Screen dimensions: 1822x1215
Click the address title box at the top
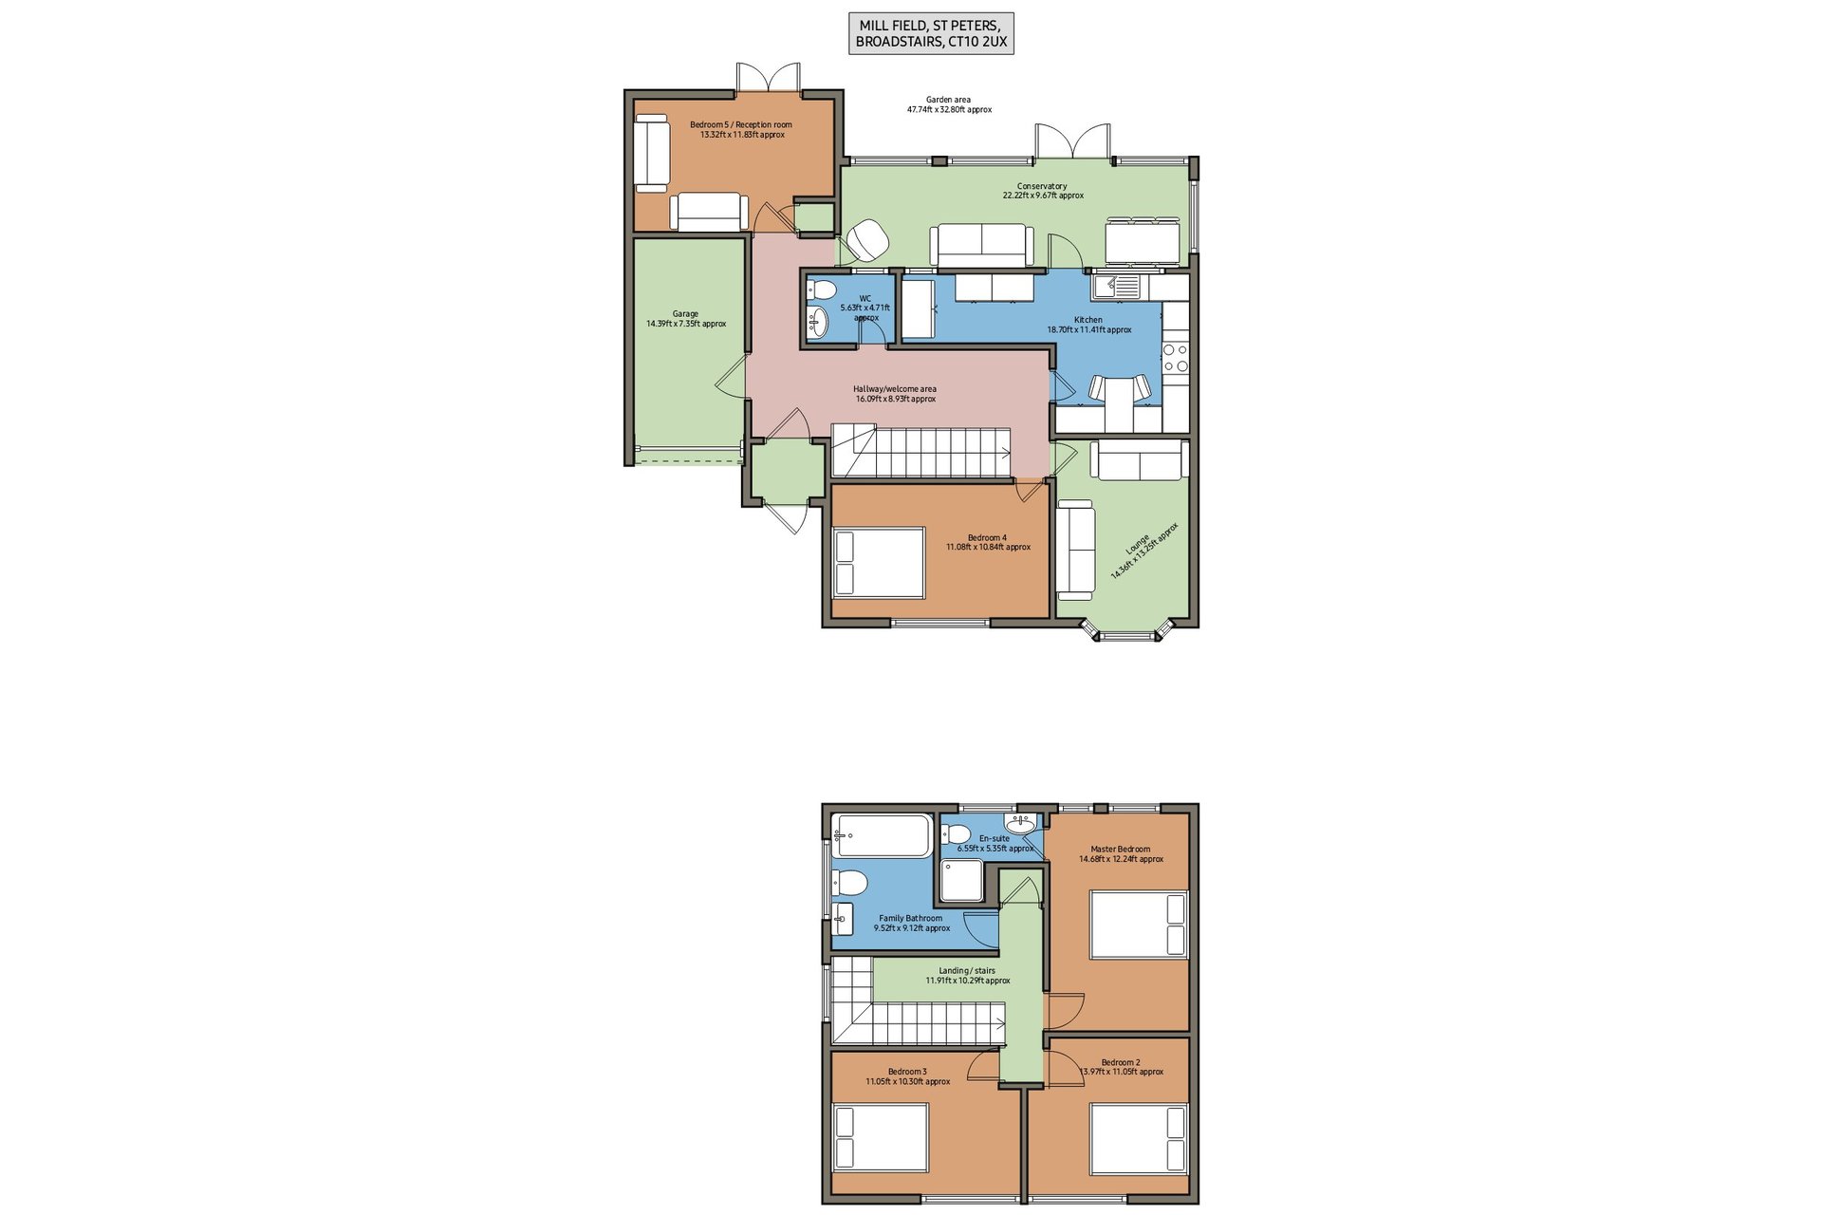pyautogui.click(x=931, y=33)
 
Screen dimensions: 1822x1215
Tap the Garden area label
pyautogui.click(x=949, y=104)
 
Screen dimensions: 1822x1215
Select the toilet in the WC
pyautogui.click(x=821, y=290)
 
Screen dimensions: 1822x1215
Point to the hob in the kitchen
pyautogui.click(x=1176, y=357)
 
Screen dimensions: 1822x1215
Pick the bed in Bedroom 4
pyautogui.click(x=879, y=563)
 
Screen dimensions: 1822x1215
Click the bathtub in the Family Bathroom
pyautogui.click(x=883, y=835)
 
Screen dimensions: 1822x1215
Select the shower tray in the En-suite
pyautogui.click(x=962, y=881)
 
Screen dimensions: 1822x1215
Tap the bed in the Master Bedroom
pyautogui.click(x=1139, y=925)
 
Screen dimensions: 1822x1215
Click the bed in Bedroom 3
pyautogui.click(x=880, y=1137)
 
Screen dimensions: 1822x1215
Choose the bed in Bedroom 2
pyautogui.click(x=1139, y=1138)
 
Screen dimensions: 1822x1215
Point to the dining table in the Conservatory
pyautogui.click(x=1143, y=242)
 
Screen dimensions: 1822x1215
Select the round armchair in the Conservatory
pyautogui.click(x=866, y=240)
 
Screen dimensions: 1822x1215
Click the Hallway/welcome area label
pyautogui.click(x=895, y=394)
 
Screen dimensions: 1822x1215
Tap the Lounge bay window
pyautogui.click(x=1128, y=630)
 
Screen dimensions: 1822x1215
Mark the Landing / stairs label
pyautogui.click(x=968, y=976)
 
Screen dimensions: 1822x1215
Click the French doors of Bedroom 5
pyautogui.click(x=769, y=78)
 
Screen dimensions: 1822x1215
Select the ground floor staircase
pyautogui.click(x=921, y=452)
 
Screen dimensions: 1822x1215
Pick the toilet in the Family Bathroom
pyautogui.click(x=851, y=883)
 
